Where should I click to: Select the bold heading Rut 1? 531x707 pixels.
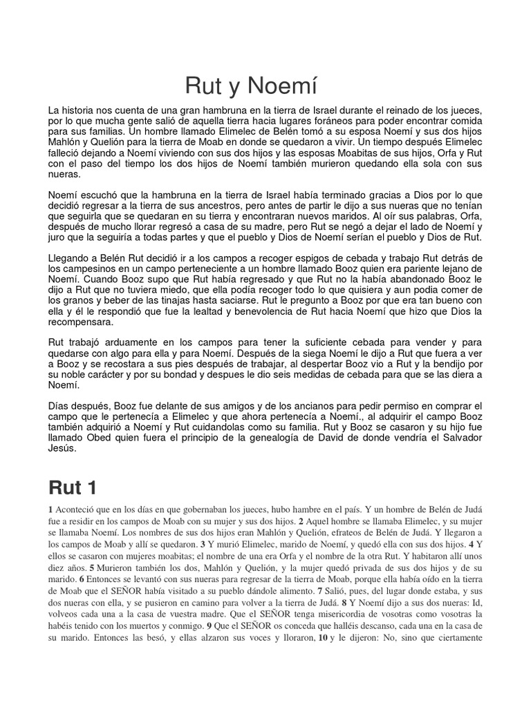pyautogui.click(x=73, y=488)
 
